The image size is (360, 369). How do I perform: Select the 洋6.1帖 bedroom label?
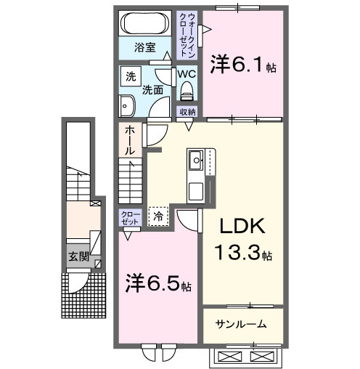pos(241,65)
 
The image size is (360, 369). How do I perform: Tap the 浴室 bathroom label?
pos(144,48)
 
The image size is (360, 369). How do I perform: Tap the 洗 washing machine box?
pos(130,76)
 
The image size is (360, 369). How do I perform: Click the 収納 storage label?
pos(187,111)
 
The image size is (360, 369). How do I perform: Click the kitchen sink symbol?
pos(196,160)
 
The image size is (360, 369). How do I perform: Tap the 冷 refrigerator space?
pos(159,215)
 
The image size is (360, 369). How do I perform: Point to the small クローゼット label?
pos(130,216)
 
